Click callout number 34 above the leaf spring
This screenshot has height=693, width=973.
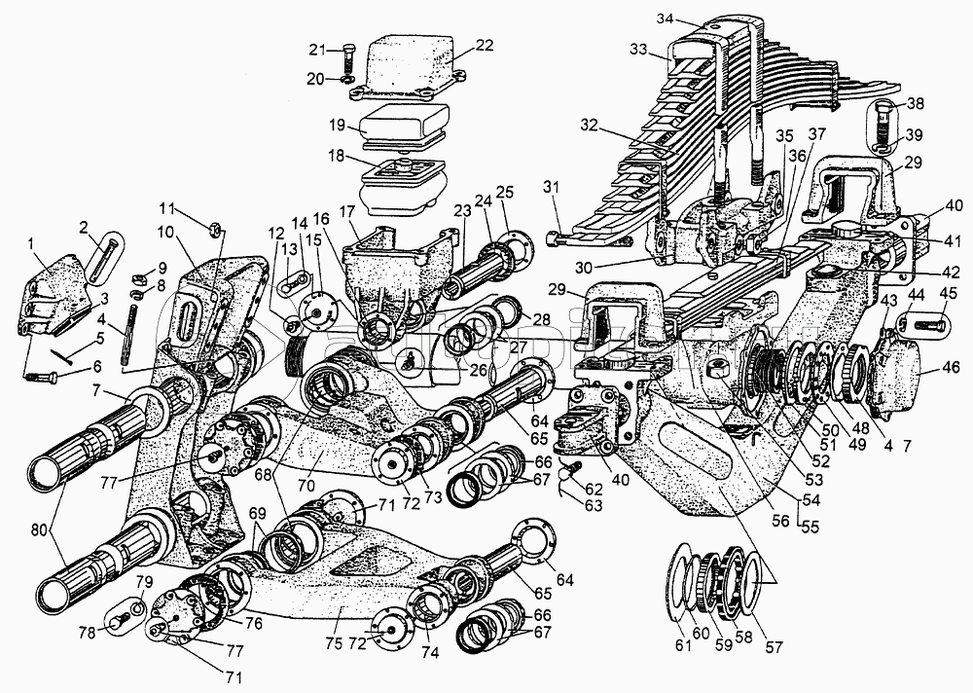point(666,17)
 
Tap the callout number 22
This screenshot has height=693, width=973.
point(485,45)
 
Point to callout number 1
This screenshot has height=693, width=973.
point(34,242)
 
